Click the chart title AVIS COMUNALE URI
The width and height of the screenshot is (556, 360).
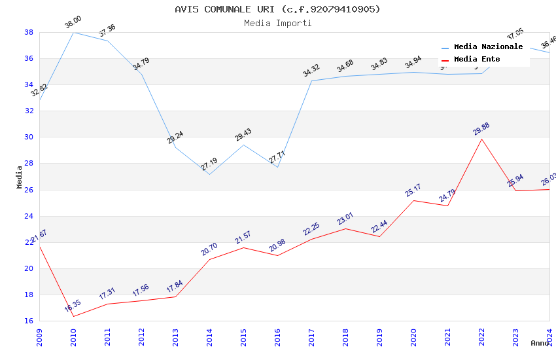277,9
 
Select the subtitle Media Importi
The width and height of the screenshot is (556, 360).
277,24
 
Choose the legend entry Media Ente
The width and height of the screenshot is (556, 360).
477,60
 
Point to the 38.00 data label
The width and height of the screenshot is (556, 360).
73,23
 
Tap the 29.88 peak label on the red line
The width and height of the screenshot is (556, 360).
481,129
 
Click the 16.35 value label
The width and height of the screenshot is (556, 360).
73,306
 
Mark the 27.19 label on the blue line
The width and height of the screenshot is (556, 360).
209,164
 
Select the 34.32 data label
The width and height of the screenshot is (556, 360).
311,71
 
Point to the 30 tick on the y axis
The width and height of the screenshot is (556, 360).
29,137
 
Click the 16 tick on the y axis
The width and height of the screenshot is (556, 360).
29,321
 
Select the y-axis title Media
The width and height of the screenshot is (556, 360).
20,177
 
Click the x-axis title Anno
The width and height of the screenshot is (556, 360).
540,343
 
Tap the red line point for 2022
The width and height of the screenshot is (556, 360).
481,139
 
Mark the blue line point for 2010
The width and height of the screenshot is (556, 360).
73,32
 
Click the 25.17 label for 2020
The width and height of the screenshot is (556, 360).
413,190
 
